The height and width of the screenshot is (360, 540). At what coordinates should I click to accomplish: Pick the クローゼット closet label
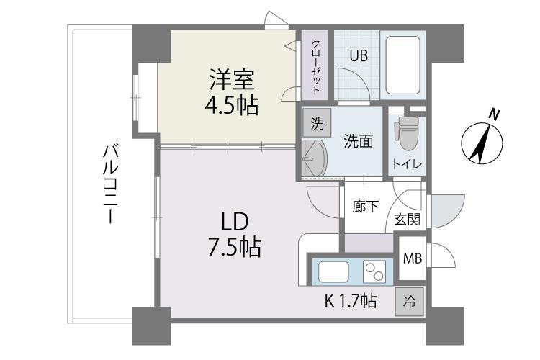coord(317,65)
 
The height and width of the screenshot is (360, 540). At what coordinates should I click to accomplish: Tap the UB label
coord(359,56)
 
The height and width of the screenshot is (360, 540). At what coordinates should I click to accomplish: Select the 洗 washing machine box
coord(316,123)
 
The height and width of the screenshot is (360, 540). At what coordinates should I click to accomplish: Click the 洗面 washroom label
coord(358,141)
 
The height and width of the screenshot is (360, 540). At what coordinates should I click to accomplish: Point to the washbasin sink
coord(315,158)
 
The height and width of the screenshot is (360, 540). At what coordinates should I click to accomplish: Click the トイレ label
coord(407,164)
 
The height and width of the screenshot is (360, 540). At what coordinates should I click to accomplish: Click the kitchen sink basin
coord(334,272)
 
